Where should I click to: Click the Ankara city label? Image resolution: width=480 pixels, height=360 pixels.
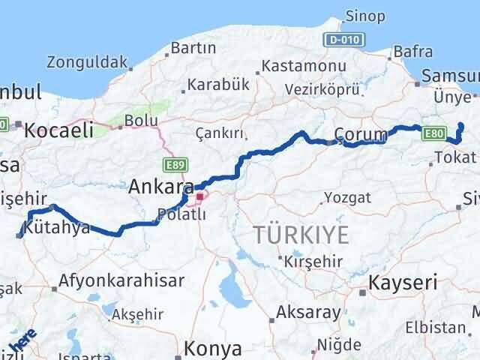[160, 185]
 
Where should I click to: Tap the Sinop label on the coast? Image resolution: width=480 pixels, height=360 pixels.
[367, 16]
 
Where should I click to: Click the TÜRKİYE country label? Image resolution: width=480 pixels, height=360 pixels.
[301, 235]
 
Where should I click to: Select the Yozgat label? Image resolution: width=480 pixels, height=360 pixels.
[347, 198]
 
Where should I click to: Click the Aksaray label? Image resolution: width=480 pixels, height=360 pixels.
[308, 311]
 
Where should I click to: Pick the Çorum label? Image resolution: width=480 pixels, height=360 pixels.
[360, 134]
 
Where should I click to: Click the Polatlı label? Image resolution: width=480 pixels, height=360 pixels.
[178, 214]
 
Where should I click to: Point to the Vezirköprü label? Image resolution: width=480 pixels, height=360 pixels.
[322, 89]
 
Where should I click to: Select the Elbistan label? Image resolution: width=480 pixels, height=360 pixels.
[435, 327]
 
